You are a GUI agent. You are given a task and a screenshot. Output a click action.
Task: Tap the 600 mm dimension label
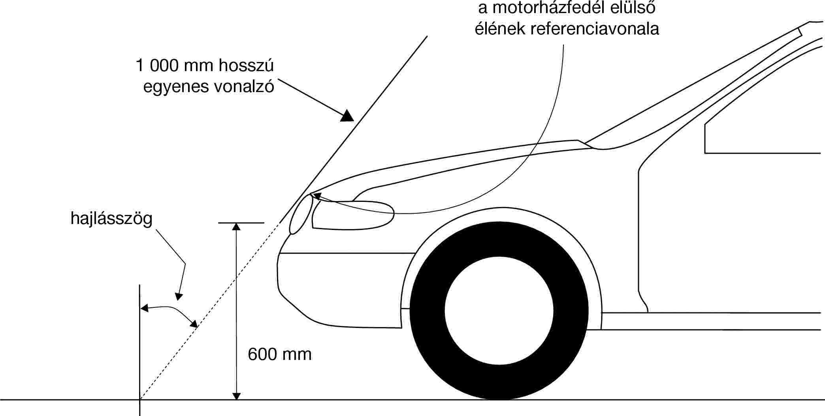[x=280, y=354]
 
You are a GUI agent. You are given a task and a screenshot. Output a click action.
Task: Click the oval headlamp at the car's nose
[x=301, y=214]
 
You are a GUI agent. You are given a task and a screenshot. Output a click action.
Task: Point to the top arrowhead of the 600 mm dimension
[x=236, y=226]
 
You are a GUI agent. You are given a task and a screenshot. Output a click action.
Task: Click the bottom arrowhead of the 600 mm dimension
[x=236, y=396]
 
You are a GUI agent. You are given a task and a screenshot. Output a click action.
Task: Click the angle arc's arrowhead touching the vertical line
[x=145, y=308]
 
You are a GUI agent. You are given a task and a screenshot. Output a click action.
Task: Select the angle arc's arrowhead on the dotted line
[x=193, y=324]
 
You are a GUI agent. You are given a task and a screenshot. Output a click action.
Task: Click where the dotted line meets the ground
[x=140, y=400]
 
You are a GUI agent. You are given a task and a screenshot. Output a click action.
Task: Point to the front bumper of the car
[x=340, y=290]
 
